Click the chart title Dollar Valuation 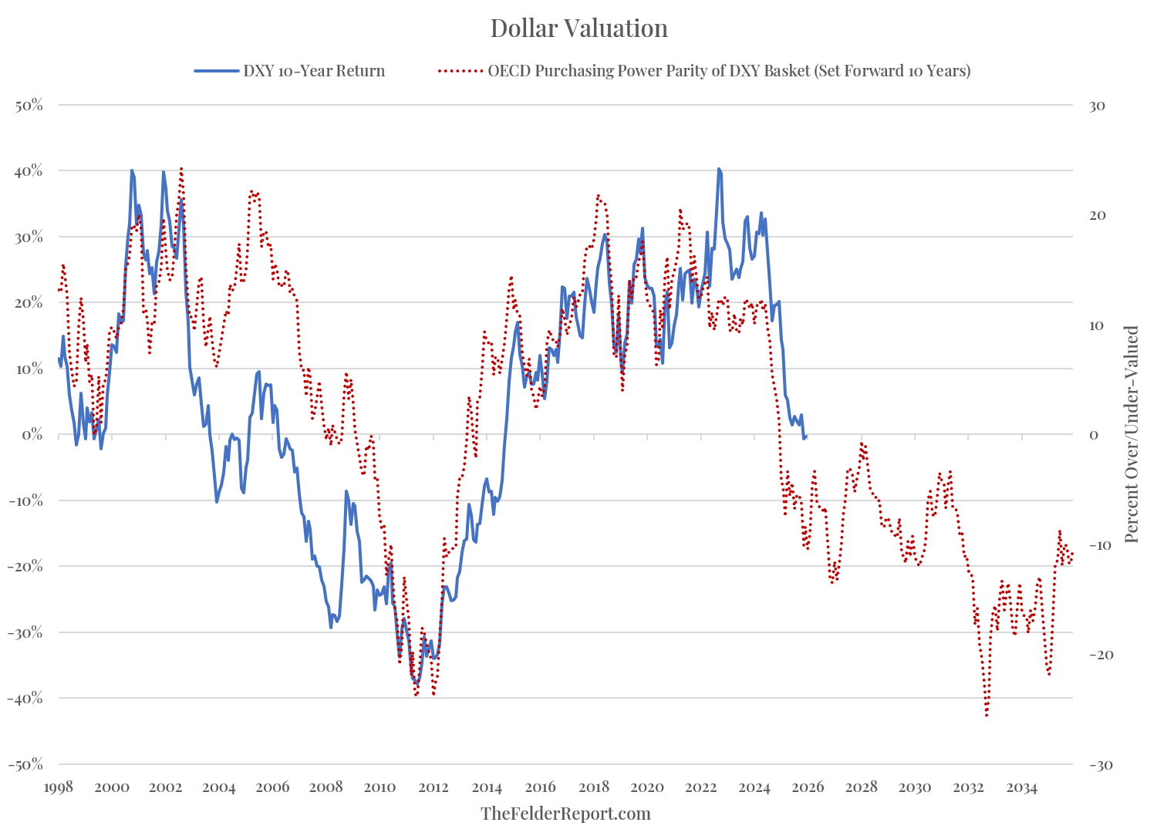pyautogui.click(x=578, y=29)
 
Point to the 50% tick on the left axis pyautogui.click(x=29, y=105)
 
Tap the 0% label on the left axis pyautogui.click(x=32, y=435)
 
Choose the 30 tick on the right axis pyautogui.click(x=1097, y=105)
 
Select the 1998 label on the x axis pyautogui.click(x=59, y=787)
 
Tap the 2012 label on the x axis pyautogui.click(x=433, y=787)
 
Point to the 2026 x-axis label pyautogui.click(x=808, y=787)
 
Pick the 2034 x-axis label pyautogui.click(x=1021, y=787)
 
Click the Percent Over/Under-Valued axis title pyautogui.click(x=1132, y=434)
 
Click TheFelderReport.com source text pyautogui.click(x=565, y=814)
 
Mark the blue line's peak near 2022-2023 pyautogui.click(x=719, y=169)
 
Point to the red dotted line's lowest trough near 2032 pyautogui.click(x=987, y=716)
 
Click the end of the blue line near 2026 pyautogui.click(x=805, y=436)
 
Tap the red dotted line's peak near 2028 pyautogui.click(x=862, y=444)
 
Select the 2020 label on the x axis pyautogui.click(x=647, y=787)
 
